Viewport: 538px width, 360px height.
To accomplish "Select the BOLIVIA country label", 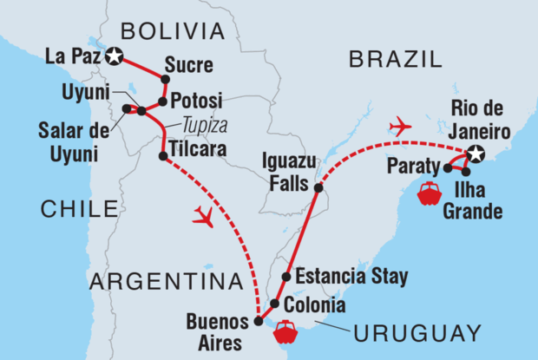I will coord(172,32).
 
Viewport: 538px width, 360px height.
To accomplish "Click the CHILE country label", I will coord(78,208).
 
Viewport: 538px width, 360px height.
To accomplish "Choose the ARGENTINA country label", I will coord(165,281).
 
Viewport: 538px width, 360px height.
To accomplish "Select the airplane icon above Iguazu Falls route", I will coord(400,127).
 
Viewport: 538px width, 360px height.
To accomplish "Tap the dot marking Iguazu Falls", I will coord(318,187).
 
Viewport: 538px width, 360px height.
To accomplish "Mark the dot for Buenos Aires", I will coord(258,321).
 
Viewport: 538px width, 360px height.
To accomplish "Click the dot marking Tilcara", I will coord(163,156).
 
